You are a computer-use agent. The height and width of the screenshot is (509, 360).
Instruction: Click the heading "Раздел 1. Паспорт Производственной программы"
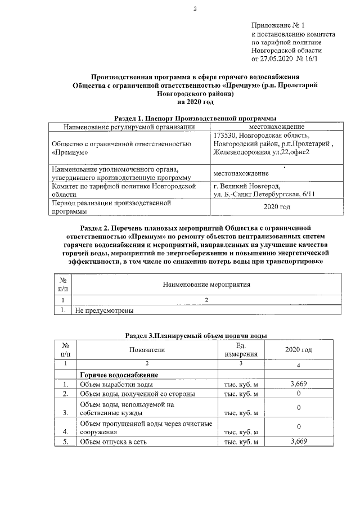[195, 119]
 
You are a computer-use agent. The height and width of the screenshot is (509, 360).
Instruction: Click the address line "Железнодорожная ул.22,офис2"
[262, 153]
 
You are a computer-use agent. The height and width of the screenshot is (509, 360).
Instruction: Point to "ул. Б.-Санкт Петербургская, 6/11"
[264, 195]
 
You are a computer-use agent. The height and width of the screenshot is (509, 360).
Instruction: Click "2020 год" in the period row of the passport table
[276, 208]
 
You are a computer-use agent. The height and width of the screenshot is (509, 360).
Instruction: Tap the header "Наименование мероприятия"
[206, 285]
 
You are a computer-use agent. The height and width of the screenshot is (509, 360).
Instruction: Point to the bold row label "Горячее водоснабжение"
[118, 375]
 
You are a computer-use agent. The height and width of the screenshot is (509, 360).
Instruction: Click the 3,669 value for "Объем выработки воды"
[298, 384]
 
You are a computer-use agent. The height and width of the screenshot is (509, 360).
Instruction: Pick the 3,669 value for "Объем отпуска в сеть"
[298, 442]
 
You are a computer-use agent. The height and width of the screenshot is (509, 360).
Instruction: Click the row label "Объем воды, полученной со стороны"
[137, 394]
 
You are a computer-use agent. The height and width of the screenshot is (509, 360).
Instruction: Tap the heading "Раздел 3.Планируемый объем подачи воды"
[195, 335]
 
